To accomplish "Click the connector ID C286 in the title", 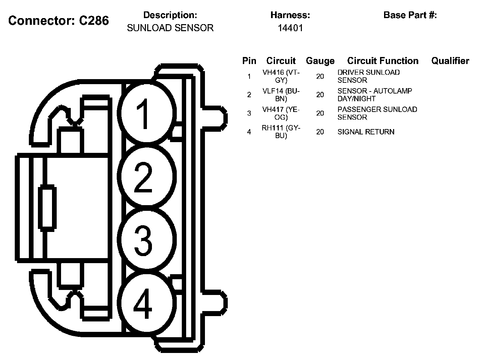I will point(94,20).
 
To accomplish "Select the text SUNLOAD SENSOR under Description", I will point(170,28).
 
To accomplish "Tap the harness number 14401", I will point(290,28).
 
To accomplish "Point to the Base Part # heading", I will point(410,15).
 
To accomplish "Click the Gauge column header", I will point(320,61).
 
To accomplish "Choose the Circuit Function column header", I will point(383,61).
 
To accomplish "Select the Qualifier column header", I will point(450,61).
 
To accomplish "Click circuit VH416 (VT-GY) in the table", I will point(281,76).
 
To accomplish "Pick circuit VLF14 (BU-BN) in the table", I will point(281,95).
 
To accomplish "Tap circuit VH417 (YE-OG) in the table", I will point(281,113).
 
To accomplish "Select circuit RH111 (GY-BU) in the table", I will point(281,132).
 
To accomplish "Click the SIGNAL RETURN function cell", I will point(366,132).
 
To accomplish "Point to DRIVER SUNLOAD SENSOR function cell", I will point(368,76).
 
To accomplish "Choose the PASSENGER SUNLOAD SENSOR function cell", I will point(377,113).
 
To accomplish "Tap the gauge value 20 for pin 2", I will point(320,95).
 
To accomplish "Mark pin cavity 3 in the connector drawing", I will point(146,239).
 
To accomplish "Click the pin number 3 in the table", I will point(249,113).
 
